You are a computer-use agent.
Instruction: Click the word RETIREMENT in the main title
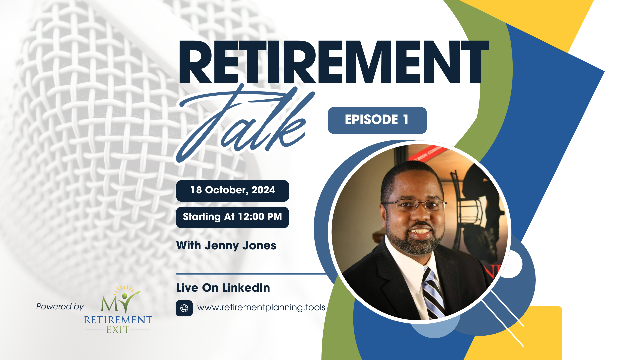333,62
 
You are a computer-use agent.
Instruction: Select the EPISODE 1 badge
377,120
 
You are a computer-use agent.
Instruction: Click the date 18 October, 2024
233,190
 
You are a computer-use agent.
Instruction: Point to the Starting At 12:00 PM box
232,217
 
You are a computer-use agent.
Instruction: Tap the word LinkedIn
246,288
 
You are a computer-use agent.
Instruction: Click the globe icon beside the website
184,308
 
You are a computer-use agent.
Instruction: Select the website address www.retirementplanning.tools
261,307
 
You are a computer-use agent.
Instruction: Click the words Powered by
60,307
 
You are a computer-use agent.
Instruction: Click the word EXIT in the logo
118,330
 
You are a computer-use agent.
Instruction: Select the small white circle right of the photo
512,264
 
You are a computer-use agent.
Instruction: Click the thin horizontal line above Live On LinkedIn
250,274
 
